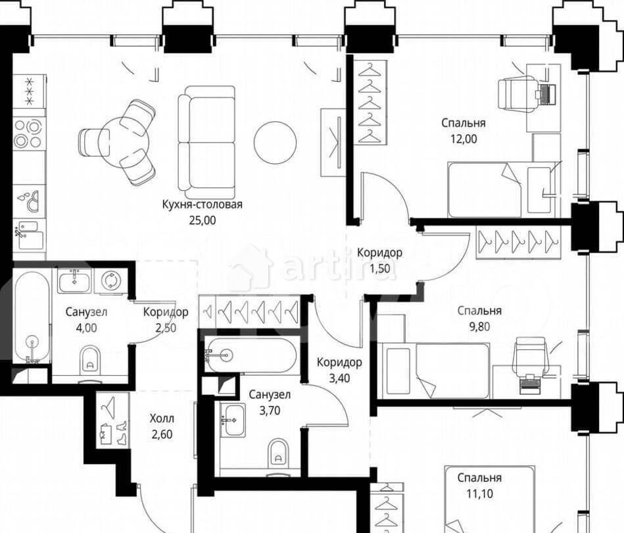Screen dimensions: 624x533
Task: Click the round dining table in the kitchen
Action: click(124, 142)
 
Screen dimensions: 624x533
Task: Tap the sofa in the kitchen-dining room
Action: click(206, 138)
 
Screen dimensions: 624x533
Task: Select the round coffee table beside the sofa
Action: click(275, 142)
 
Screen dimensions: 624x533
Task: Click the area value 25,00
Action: click(202, 220)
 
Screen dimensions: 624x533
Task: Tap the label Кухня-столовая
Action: click(202, 205)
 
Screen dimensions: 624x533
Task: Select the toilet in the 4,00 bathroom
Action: click(90, 360)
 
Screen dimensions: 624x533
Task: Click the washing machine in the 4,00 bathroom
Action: click(108, 281)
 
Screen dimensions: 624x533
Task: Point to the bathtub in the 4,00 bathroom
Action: click(32, 317)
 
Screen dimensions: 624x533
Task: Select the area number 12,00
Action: click(464, 139)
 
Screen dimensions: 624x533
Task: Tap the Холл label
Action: click(162, 419)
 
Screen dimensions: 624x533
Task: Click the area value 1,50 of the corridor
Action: click(379, 268)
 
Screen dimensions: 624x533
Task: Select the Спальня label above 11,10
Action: click(479, 478)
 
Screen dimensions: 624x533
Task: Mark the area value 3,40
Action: click(339, 378)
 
